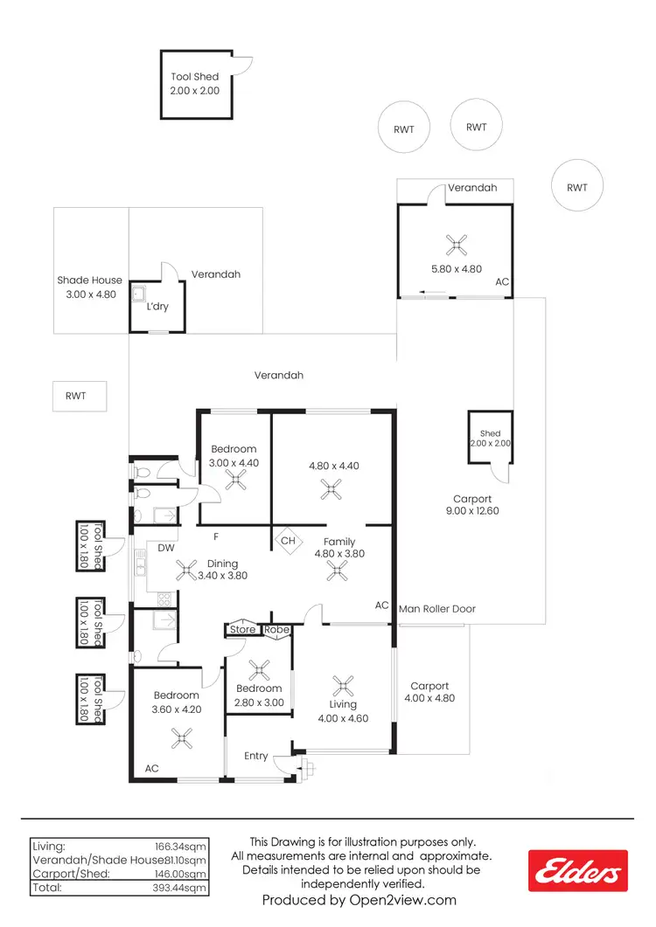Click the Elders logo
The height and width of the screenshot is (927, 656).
point(578,872)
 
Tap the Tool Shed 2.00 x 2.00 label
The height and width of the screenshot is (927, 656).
point(195,84)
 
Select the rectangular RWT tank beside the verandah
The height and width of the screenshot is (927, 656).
point(79,396)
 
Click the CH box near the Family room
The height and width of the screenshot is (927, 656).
point(288,541)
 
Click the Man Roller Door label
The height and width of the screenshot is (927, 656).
point(437,608)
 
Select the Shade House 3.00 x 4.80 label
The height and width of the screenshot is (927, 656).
point(90,287)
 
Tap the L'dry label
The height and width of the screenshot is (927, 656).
point(157,307)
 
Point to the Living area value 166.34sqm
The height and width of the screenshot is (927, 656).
point(183,847)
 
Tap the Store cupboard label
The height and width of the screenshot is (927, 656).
point(243,629)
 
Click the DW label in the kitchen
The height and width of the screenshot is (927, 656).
point(164,548)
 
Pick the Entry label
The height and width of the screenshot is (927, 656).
point(256,756)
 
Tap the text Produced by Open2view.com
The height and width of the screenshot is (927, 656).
point(359,900)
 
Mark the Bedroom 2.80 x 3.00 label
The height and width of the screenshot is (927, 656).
point(259,695)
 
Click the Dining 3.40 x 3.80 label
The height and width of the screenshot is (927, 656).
point(222,570)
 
